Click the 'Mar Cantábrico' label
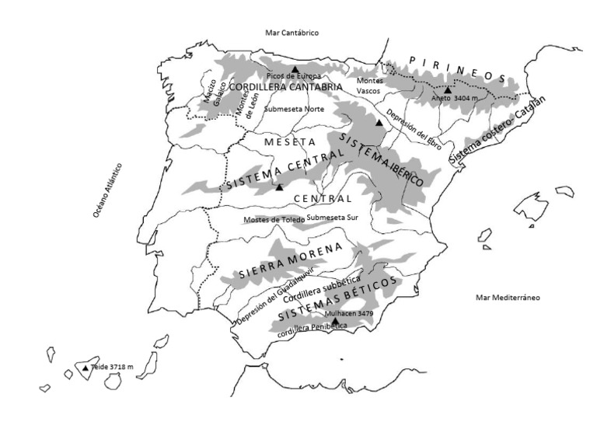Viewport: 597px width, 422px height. (x=292, y=32)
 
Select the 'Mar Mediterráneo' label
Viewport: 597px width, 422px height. (x=508, y=298)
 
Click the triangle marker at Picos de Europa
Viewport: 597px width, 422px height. (x=295, y=69)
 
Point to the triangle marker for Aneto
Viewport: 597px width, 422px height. (x=448, y=90)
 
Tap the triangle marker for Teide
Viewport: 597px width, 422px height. (x=86, y=368)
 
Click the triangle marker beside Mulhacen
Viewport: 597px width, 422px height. (x=334, y=321)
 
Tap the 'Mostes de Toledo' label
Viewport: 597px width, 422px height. (x=273, y=220)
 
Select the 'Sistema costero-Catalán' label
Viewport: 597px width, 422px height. (x=498, y=131)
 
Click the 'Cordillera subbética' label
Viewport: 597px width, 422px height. (x=322, y=290)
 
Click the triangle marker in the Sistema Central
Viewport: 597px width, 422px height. (x=279, y=188)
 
